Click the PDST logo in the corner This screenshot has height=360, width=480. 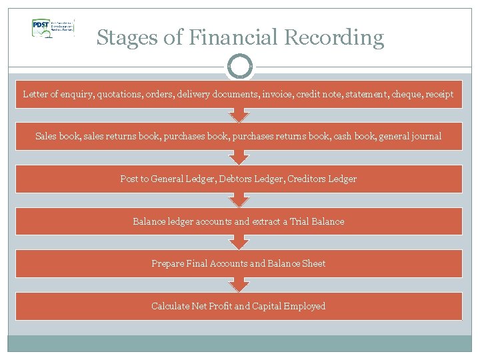[53, 27]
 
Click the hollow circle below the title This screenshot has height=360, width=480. [240, 67]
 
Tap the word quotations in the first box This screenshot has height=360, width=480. [119, 94]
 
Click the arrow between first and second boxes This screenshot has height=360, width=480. [239, 115]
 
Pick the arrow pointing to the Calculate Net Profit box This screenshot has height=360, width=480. [239, 285]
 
